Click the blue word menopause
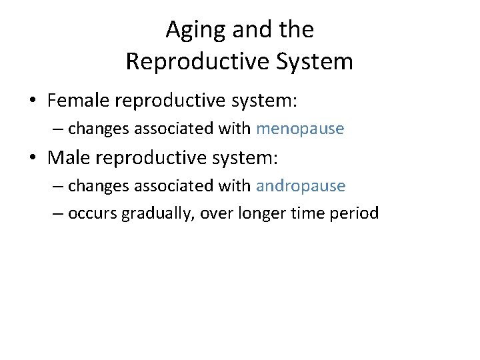(x=300, y=129)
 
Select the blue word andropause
(x=301, y=186)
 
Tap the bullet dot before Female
(x=33, y=101)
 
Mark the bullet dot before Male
(x=33, y=159)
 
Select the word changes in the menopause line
(x=99, y=129)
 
